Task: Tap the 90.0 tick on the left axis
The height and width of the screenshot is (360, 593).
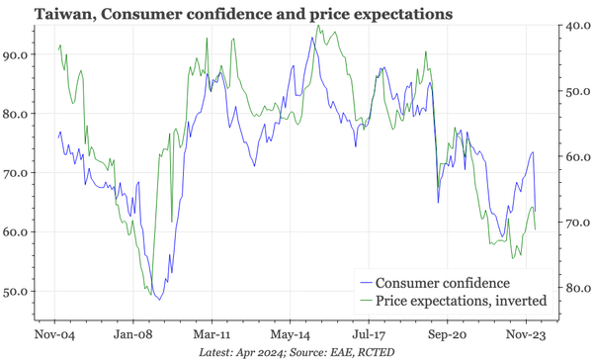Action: point(17,54)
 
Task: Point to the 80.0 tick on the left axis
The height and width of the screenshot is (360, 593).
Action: point(17,114)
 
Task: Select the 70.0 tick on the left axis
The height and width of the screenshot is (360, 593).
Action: point(17,173)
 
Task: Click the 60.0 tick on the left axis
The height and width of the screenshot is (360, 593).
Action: point(17,232)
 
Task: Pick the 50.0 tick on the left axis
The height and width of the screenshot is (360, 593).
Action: point(17,292)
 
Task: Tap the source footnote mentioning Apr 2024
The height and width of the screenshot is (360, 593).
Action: point(296,351)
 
